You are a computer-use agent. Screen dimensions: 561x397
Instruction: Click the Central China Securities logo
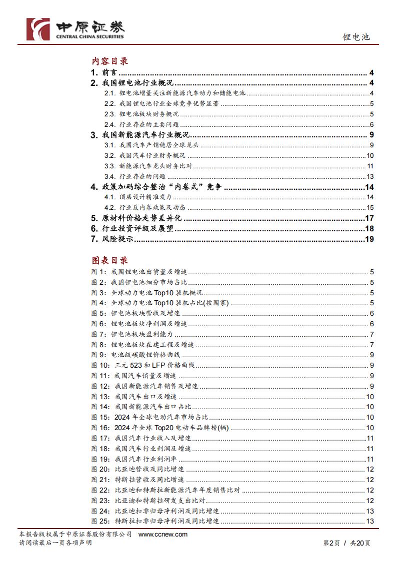tap(75, 28)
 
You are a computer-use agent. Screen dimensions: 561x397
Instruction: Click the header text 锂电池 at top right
tap(356, 36)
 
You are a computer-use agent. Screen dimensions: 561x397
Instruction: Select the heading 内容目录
tap(109, 61)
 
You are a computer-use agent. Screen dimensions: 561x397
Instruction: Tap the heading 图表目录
tap(109, 260)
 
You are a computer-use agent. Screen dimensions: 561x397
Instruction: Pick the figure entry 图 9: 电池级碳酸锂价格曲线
tap(140, 355)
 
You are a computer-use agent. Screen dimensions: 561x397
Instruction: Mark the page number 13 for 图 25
tap(370, 522)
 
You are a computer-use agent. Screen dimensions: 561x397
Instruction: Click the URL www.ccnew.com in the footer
tap(162, 534)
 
